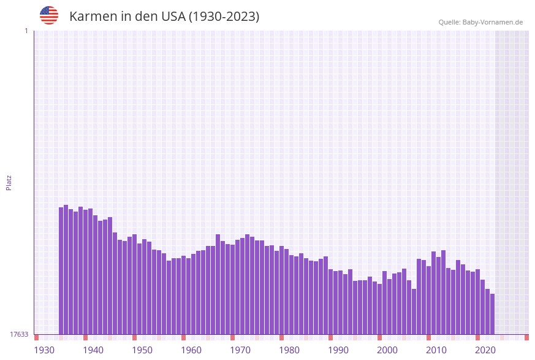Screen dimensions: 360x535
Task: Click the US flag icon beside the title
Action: [x=49, y=15]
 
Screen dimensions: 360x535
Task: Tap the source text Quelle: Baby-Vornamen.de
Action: [x=480, y=22]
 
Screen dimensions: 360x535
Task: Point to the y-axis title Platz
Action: [x=9, y=182]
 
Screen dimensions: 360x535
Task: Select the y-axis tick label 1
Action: [x=26, y=31]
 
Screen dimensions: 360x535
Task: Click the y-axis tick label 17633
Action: [x=18, y=334]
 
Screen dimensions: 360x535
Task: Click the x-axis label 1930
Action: [x=44, y=350]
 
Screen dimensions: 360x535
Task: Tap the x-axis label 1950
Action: [x=142, y=350]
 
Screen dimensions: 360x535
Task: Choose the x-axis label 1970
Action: [x=240, y=350]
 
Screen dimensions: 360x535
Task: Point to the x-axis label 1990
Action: [x=338, y=350]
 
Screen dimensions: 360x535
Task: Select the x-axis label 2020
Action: [x=485, y=350]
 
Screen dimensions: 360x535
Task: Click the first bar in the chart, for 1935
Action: [x=61, y=270]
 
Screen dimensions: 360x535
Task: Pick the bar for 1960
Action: [x=184, y=295]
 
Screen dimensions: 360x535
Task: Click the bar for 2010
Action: [x=429, y=300]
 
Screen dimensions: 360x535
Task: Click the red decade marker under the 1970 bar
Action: [x=233, y=337]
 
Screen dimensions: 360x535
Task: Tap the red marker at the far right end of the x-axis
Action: [x=526, y=337]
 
